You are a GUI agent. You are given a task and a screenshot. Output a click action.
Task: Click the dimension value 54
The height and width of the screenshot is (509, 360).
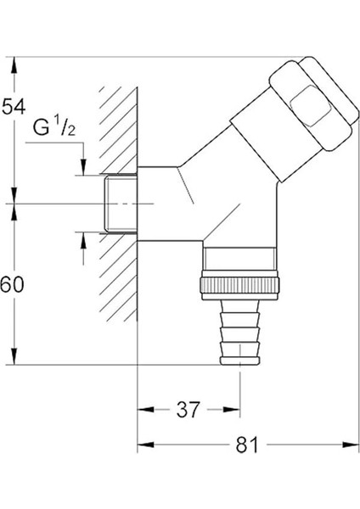14,107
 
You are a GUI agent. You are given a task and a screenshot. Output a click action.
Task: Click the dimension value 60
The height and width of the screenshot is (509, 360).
12,285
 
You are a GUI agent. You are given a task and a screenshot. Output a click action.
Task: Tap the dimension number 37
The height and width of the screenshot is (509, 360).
188,410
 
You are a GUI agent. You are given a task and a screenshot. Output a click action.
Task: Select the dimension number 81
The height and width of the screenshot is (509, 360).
247,445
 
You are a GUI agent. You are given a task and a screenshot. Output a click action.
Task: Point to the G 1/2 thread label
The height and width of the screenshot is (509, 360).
54,127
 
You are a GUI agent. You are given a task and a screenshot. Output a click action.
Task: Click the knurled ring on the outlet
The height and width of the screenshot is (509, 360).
240,285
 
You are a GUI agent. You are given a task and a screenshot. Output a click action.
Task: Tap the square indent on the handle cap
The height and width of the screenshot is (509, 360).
309,106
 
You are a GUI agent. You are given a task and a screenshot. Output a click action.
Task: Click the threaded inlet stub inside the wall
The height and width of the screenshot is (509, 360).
121,204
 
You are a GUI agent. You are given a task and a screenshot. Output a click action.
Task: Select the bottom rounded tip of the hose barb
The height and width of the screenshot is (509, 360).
240,361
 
